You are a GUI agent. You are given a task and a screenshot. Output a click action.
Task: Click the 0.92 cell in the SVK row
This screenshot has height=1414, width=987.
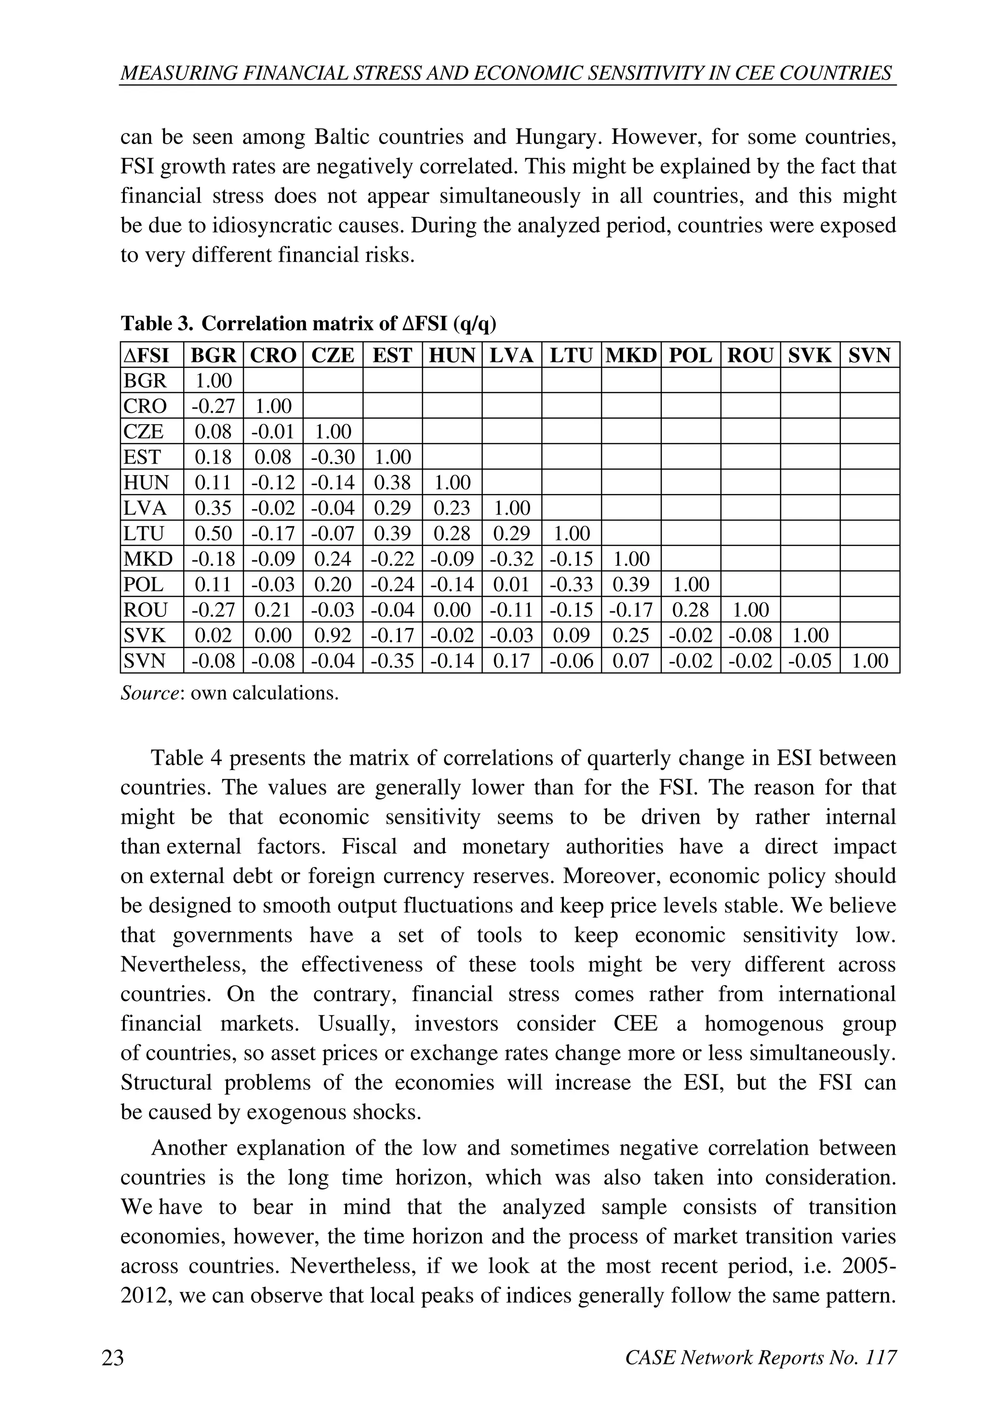coord(333,635)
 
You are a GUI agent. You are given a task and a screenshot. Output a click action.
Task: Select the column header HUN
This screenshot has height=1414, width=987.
coord(452,355)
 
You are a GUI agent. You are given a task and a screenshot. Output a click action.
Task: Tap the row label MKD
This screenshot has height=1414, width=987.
coord(148,559)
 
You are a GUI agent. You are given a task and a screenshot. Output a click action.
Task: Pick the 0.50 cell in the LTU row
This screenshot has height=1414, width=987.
coord(213,533)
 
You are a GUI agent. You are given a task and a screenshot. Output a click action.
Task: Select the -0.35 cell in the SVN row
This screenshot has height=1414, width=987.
coord(392,661)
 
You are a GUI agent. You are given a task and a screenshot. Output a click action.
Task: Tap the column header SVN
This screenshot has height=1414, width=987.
coord(869,355)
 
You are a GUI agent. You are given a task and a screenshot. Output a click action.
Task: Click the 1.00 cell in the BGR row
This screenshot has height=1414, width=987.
coord(213,381)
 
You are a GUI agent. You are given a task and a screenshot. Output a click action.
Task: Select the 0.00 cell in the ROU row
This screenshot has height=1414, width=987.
coord(452,610)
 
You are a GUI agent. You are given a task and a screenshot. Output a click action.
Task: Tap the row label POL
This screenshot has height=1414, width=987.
coord(144,584)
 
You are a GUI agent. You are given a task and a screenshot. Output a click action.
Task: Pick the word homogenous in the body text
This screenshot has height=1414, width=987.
coord(760,1024)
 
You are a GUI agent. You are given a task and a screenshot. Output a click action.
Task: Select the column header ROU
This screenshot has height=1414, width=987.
coord(750,355)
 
